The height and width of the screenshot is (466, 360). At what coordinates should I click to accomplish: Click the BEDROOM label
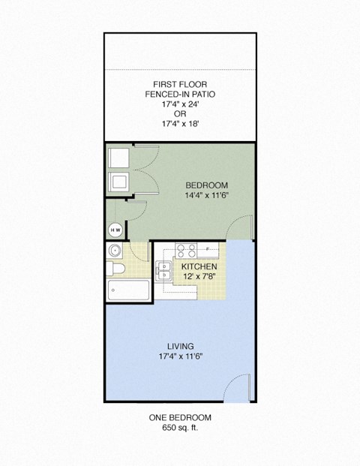206,185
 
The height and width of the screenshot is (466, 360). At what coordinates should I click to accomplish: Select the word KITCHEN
199,266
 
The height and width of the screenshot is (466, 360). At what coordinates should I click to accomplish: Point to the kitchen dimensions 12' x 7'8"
199,276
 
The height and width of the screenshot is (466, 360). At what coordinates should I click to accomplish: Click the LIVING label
180,345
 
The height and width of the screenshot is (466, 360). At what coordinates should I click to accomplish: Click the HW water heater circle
116,230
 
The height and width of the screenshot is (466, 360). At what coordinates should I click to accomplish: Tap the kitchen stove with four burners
185,251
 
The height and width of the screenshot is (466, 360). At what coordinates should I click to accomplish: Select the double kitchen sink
164,271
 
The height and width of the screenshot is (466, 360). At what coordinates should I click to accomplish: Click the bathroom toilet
115,269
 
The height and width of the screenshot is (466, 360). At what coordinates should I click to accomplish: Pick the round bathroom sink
115,251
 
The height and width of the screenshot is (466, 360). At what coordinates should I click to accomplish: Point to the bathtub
129,290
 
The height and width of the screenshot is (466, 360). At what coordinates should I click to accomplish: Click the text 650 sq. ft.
180,428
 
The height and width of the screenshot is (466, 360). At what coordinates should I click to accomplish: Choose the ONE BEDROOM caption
180,417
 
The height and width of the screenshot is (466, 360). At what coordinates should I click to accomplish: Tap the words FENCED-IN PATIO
180,95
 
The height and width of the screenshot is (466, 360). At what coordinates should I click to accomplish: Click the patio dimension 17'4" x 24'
180,105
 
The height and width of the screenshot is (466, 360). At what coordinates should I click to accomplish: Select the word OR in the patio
180,116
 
